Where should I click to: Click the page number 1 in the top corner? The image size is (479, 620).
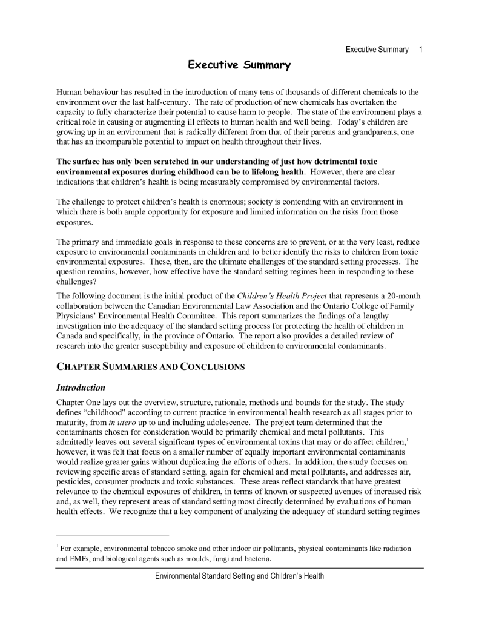coord(420,50)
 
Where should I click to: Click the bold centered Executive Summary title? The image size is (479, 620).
coord(239,65)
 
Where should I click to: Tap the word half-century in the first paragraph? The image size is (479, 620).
coord(166,102)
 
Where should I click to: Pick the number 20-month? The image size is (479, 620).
coord(403,296)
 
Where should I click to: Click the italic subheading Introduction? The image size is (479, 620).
coord(81,387)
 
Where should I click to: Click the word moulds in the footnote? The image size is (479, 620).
coord(214,558)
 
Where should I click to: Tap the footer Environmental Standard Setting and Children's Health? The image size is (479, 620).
coord(239,576)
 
